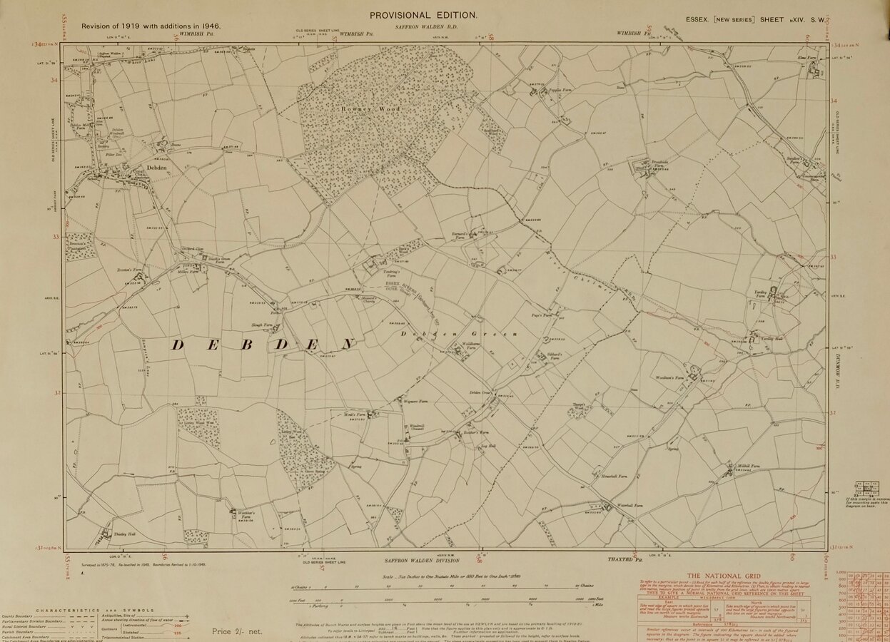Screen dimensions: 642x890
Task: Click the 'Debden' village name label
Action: pyautogui.click(x=156, y=168)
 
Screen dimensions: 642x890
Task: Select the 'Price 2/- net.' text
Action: pyautogui.click(x=237, y=631)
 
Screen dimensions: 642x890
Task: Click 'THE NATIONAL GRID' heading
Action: pyautogui.click(x=724, y=576)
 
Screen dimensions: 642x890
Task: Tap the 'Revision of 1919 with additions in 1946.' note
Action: pyautogui.click(x=151, y=26)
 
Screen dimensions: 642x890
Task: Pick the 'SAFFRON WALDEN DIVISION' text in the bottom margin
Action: pyautogui.click(x=415, y=561)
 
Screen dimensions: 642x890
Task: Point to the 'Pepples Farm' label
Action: pyautogui.click(x=555, y=91)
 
